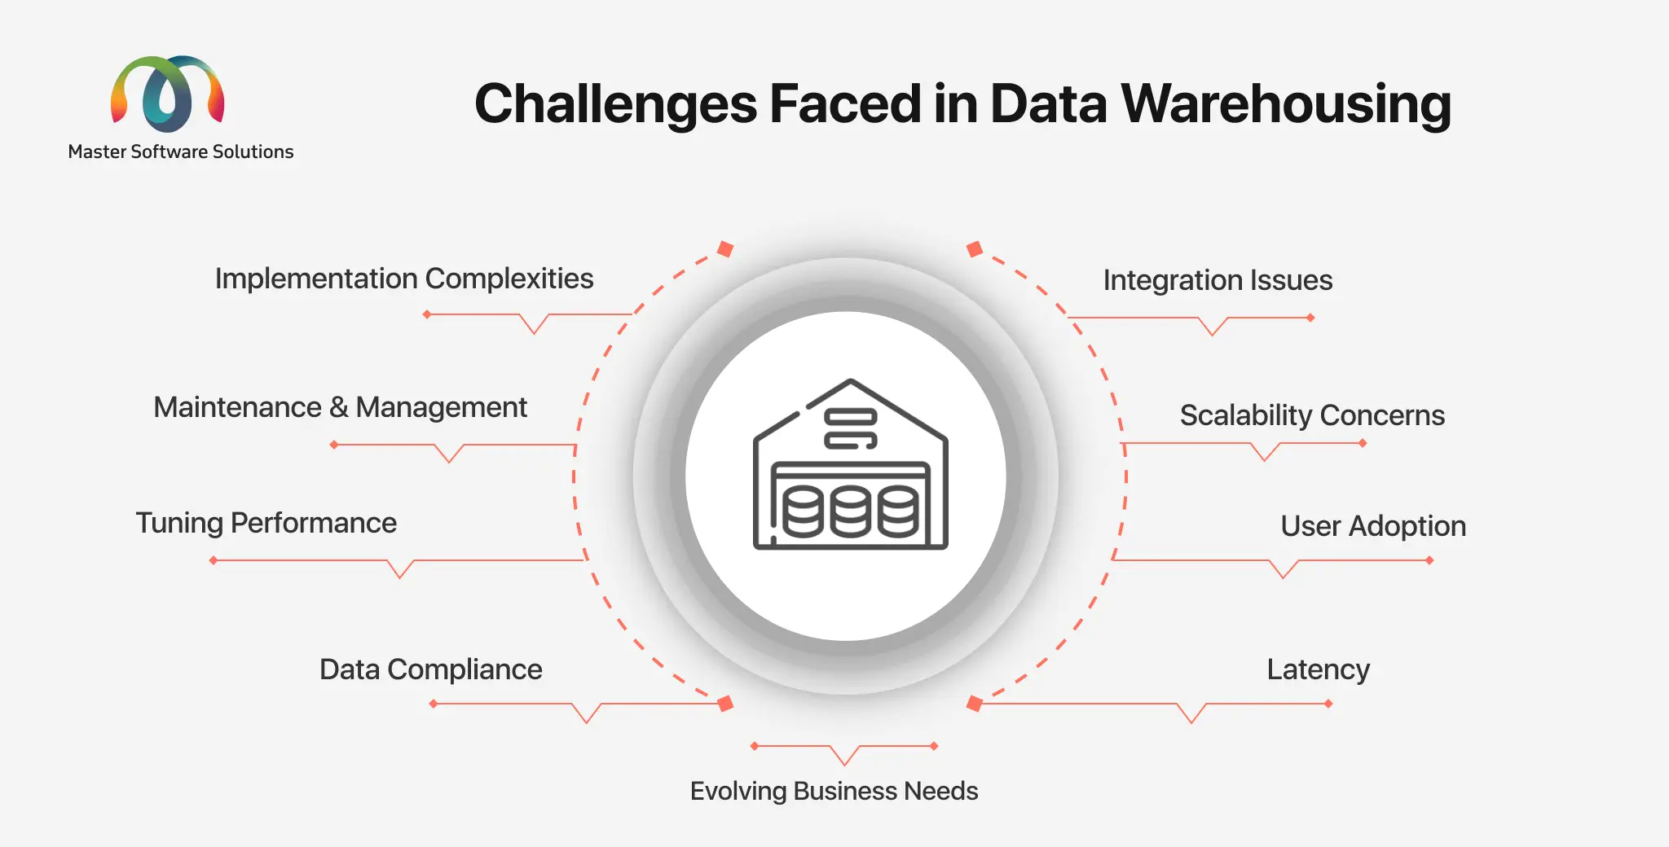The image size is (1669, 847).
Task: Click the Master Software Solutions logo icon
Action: pyautogui.click(x=167, y=94)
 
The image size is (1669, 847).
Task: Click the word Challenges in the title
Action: pyautogui.click(x=617, y=104)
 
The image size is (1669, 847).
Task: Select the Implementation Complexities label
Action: pyautogui.click(x=403, y=279)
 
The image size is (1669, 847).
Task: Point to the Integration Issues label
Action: pyautogui.click(x=1218, y=280)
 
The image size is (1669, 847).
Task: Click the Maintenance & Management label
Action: pyautogui.click(x=340, y=407)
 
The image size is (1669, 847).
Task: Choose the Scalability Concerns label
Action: pyautogui.click(x=1312, y=415)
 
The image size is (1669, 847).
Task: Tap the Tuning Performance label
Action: pyautogui.click(x=266, y=523)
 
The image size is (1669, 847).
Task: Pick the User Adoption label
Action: pyautogui.click(x=1373, y=526)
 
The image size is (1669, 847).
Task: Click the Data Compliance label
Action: pyautogui.click(x=430, y=669)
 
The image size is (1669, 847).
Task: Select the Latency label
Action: pyautogui.click(x=1318, y=669)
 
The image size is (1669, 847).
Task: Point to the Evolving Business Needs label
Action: pyautogui.click(x=834, y=791)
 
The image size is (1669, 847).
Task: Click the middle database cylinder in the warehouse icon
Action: pyautogui.click(x=851, y=512)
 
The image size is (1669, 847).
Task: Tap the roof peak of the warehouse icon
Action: pyautogui.click(x=851, y=381)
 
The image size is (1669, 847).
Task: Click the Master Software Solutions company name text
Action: pyautogui.click(x=181, y=152)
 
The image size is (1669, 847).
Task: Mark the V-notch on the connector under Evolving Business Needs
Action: pyautogui.click(x=845, y=762)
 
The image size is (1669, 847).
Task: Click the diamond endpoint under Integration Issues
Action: pyautogui.click(x=1310, y=318)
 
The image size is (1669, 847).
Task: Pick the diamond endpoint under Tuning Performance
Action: pyautogui.click(x=214, y=560)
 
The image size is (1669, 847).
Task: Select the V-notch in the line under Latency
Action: pyautogui.click(x=1191, y=720)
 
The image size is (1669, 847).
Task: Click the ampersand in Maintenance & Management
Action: pyautogui.click(x=338, y=407)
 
